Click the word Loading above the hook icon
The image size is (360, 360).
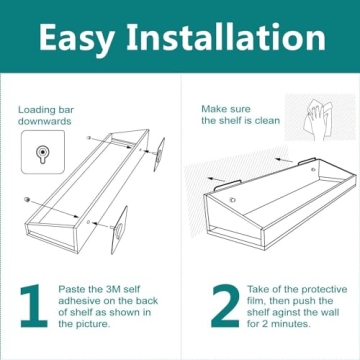click(36, 108)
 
